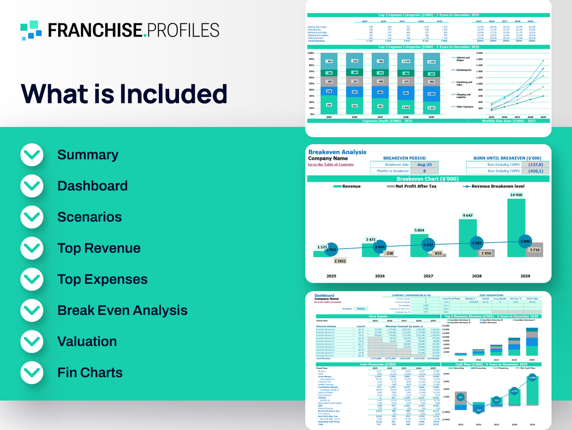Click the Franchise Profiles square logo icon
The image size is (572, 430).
(x=31, y=30)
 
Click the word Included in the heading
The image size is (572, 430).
(x=173, y=94)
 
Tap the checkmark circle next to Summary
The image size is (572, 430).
(x=32, y=155)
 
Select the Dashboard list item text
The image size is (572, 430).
(x=93, y=186)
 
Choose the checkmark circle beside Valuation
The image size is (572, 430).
(x=32, y=341)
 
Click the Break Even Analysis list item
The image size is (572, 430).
(x=122, y=310)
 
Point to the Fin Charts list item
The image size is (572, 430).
(x=90, y=373)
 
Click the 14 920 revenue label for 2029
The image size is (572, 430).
(x=516, y=195)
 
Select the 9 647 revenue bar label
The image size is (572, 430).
(x=467, y=215)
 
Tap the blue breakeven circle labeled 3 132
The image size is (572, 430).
(x=428, y=245)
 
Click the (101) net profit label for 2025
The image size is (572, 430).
(x=340, y=261)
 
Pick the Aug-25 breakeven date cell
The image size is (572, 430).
(x=425, y=164)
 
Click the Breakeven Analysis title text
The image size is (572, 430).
(x=337, y=152)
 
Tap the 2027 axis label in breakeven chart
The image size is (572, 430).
(x=428, y=276)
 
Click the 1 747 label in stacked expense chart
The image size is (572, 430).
(x=431, y=62)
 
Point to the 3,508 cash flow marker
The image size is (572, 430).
(x=532, y=377)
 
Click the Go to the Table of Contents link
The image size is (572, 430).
(x=330, y=164)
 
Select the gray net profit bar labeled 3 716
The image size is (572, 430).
(x=535, y=250)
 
